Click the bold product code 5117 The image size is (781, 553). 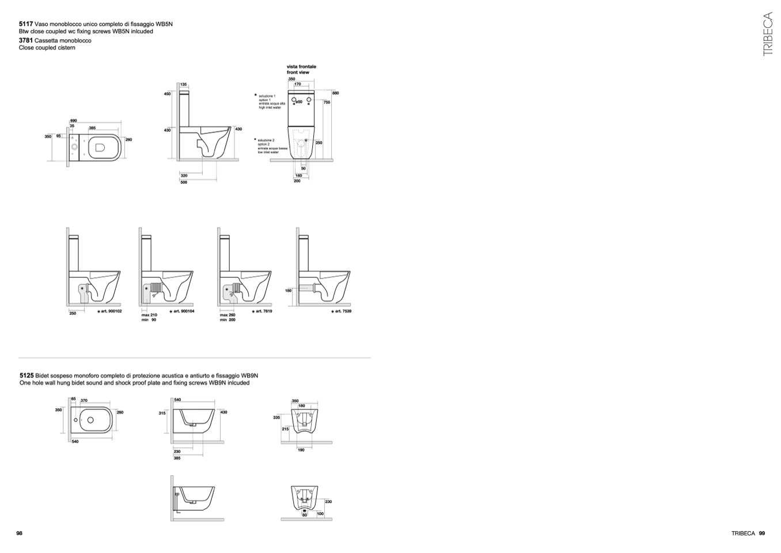point(26,24)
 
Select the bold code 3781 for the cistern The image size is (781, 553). point(26,41)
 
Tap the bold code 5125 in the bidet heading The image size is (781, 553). point(26,375)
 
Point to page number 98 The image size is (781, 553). point(19,533)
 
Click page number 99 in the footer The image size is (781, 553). point(761,533)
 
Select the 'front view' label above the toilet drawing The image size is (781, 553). point(298,73)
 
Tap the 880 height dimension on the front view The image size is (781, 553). point(336,93)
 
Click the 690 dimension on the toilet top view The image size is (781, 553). point(73,121)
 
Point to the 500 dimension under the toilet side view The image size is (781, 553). point(184,182)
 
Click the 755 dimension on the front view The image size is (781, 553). point(327,102)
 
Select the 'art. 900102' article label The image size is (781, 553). point(109,311)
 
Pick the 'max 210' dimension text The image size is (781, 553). point(149,315)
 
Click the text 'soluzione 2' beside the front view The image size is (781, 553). point(266,140)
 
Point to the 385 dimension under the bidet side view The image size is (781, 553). point(177,458)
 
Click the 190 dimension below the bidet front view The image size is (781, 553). point(301,450)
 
